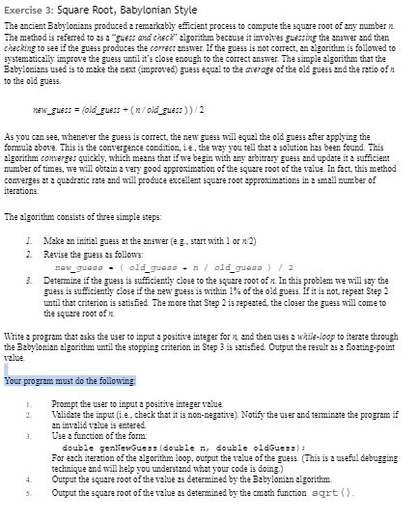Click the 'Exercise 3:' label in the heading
pyautogui.click(x=29, y=9)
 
